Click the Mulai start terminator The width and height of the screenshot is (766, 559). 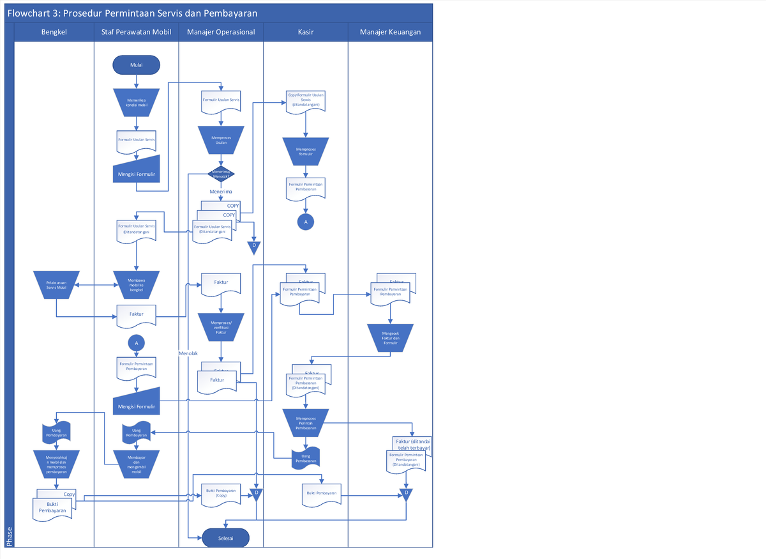(136, 65)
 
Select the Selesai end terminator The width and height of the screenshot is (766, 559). (225, 538)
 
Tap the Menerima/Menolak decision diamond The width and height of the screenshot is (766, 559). (221, 174)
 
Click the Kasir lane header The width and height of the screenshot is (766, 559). (305, 32)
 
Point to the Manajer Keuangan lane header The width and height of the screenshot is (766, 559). (390, 32)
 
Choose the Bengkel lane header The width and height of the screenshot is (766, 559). (54, 32)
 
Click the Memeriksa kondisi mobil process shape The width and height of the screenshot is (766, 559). (137, 102)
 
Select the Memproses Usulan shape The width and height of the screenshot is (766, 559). (221, 139)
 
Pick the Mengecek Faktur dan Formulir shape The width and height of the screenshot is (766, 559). (390, 337)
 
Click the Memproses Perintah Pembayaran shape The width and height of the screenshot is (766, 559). (306, 422)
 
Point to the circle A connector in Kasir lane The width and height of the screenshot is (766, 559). (305, 221)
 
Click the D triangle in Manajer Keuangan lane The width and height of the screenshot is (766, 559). (407, 494)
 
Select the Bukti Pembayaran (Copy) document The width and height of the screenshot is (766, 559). (221, 493)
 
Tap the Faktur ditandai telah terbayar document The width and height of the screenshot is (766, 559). (412, 445)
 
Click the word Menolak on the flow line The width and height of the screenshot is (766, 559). (188, 353)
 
